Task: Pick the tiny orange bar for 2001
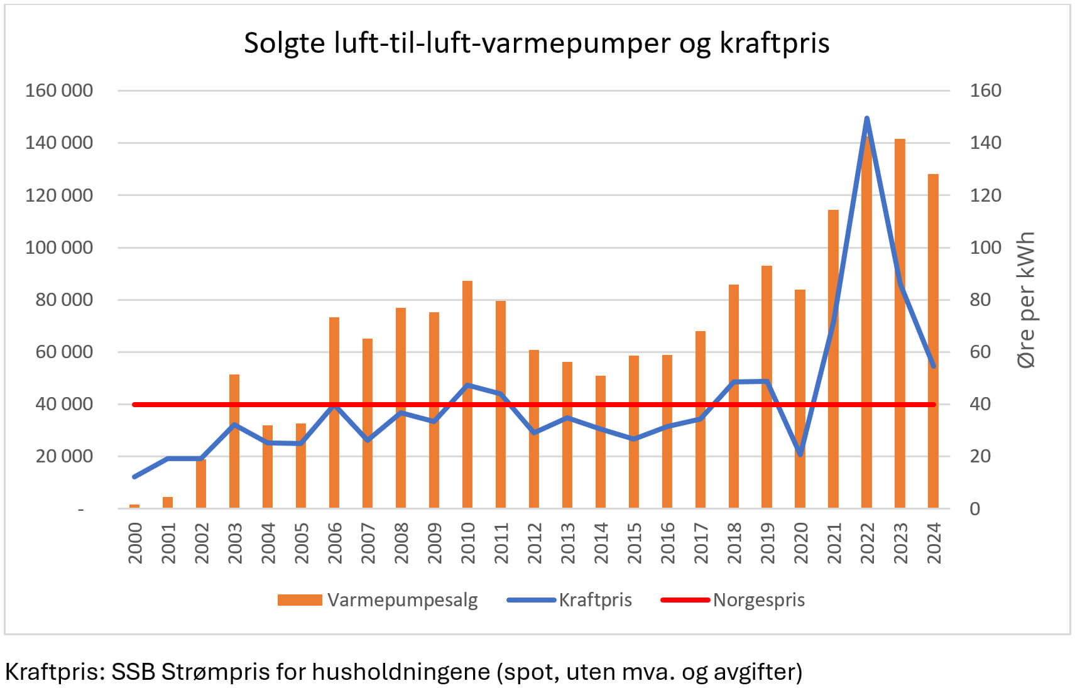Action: click(168, 503)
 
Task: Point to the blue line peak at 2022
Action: click(867, 118)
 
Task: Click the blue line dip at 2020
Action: click(800, 454)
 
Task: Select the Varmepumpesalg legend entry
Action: click(378, 600)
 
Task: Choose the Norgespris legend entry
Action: click(733, 600)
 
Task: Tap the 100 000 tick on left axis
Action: click(59, 248)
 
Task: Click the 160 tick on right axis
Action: click(985, 90)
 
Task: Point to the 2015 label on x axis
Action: click(634, 543)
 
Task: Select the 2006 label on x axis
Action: click(334, 543)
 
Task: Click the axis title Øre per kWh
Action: click(1025, 300)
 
